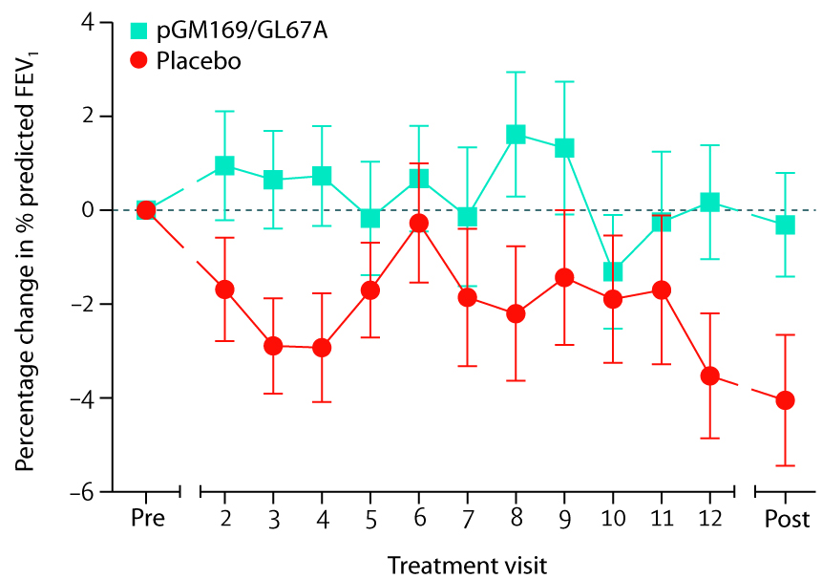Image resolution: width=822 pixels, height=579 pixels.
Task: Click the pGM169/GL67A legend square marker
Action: click(140, 32)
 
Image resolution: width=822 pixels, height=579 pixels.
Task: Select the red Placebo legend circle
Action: click(140, 60)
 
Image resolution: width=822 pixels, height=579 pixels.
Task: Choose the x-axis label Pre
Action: click(147, 520)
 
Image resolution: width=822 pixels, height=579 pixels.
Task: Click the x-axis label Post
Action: click(786, 520)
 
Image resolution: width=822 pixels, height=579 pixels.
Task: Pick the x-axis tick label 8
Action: click(516, 520)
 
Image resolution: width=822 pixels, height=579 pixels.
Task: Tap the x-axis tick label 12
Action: click(709, 520)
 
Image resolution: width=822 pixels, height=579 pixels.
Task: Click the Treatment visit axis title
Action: click(467, 564)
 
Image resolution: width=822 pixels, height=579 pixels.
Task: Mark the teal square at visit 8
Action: click(516, 135)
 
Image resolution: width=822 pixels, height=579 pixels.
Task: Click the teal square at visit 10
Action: click(613, 271)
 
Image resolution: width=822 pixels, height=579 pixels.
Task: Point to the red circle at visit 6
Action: click(418, 223)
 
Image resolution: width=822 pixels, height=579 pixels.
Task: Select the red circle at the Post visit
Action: click(786, 399)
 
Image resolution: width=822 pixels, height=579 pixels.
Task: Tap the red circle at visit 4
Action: click(322, 347)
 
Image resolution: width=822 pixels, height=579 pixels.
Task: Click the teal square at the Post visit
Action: click(786, 225)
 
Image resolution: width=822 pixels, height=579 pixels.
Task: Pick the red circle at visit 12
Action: click(709, 375)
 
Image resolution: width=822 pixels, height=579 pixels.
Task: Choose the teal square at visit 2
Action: click(225, 165)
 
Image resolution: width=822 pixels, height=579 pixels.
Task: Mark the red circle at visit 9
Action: click(564, 277)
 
